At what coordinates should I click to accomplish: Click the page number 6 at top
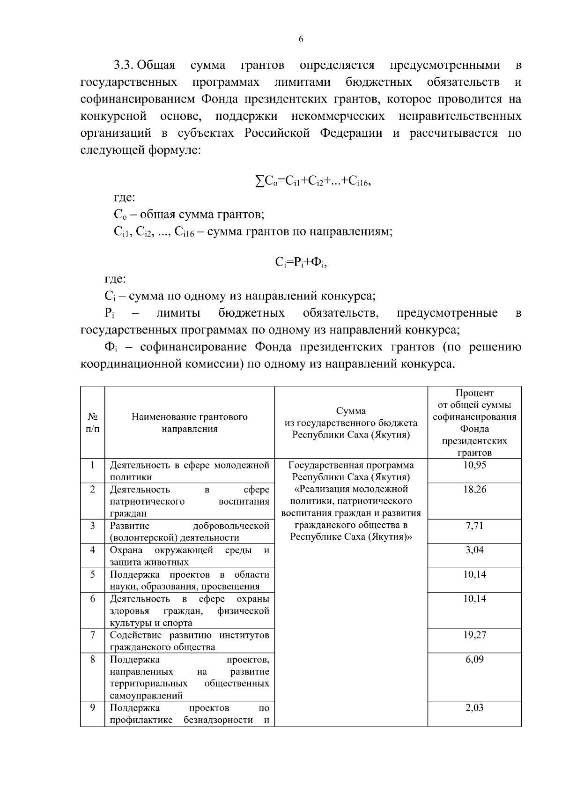(x=301, y=39)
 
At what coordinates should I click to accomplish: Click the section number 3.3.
(x=124, y=65)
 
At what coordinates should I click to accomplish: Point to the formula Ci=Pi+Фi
(x=300, y=262)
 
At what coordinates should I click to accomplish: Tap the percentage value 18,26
(x=474, y=490)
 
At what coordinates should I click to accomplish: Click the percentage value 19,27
(x=474, y=635)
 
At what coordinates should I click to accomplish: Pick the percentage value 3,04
(x=474, y=550)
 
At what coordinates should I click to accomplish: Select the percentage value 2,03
(x=474, y=708)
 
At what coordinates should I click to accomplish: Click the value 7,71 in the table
(x=474, y=526)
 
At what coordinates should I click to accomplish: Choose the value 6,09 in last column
(x=474, y=660)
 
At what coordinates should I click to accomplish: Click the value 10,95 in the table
(x=474, y=465)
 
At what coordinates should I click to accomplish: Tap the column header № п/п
(x=93, y=423)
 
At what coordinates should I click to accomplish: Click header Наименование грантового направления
(x=189, y=423)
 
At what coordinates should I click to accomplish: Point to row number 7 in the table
(x=93, y=635)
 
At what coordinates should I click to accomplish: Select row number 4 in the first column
(x=93, y=550)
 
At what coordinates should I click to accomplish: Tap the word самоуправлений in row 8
(x=146, y=696)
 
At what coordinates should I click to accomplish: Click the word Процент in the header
(x=474, y=393)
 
